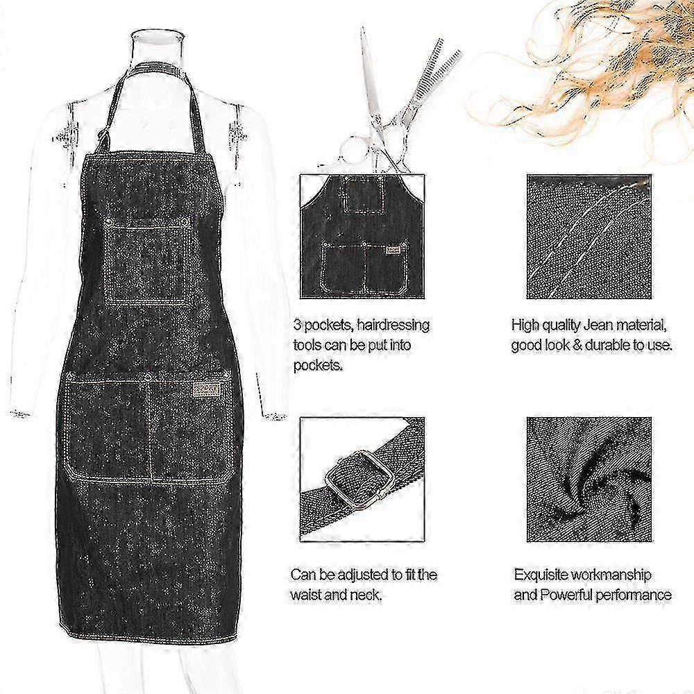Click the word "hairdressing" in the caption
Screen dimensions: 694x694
click(x=393, y=325)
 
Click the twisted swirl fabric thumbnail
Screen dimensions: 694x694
click(x=589, y=480)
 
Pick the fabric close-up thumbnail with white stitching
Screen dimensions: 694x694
click(x=589, y=237)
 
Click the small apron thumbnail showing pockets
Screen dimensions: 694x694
click(x=362, y=237)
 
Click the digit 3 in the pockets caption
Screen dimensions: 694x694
click(x=297, y=325)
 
